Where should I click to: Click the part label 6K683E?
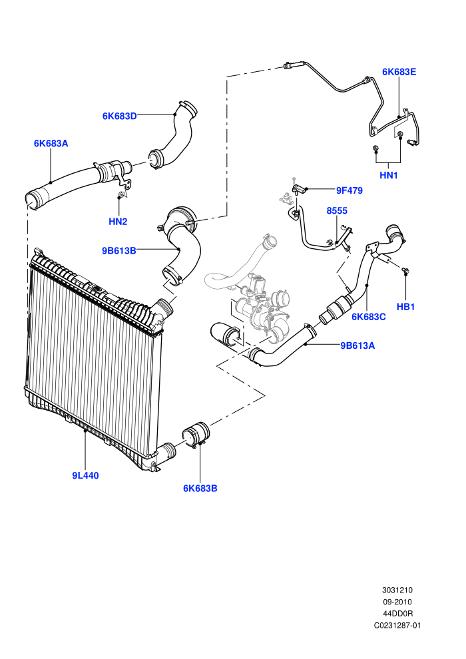click(399, 72)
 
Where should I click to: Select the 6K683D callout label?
click(119, 116)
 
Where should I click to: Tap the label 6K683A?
click(51, 143)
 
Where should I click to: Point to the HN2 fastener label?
click(118, 222)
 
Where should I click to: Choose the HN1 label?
click(389, 175)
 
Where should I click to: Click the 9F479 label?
click(349, 190)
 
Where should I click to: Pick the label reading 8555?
click(337, 210)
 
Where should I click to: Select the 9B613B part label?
click(119, 251)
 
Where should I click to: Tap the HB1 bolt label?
click(406, 307)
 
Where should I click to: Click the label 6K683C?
click(369, 317)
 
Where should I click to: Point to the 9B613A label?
click(357, 345)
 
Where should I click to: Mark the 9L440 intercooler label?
click(85, 475)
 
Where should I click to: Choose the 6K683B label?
click(200, 489)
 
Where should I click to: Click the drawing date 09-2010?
click(397, 602)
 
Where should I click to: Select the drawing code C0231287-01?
click(397, 625)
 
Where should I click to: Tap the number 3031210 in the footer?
click(397, 590)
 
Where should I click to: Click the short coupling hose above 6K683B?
click(196, 435)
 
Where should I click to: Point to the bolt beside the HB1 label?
click(405, 270)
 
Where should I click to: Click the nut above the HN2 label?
click(121, 194)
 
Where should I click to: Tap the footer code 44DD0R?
click(397, 614)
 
